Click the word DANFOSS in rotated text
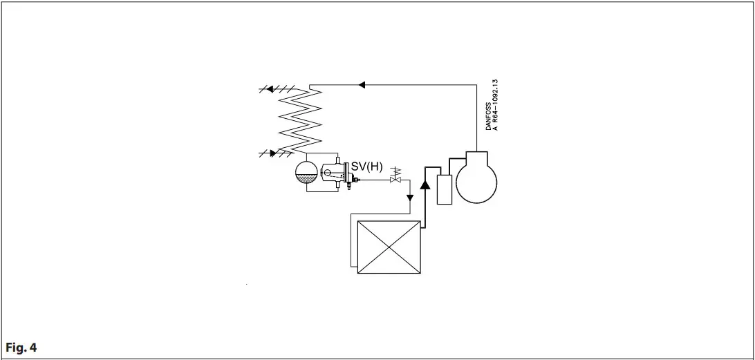pos(488,117)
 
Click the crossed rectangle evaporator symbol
pos(388,247)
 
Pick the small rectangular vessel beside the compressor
pos(444,189)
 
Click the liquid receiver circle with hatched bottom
pos(305,171)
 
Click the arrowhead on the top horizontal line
pos(362,85)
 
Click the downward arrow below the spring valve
pos(409,198)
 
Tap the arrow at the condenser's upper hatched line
pos(270,89)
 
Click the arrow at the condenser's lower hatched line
pos(273,153)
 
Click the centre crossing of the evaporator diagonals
pos(388,247)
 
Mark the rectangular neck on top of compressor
pos(476,155)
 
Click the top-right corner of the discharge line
pos(476,85)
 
